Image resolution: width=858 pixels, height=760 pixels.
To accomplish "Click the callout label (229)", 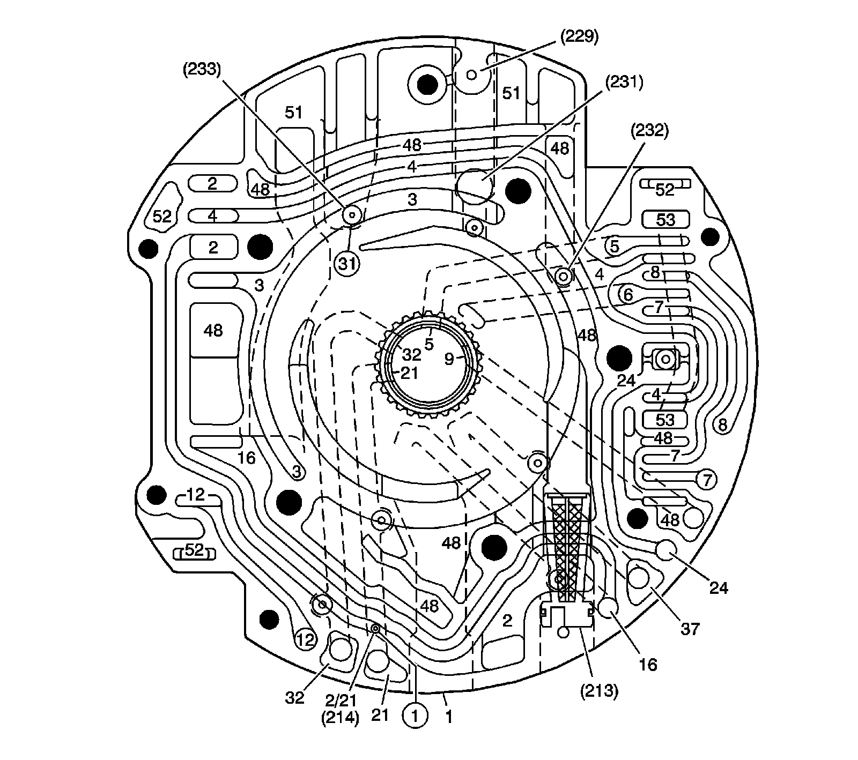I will [x=579, y=37].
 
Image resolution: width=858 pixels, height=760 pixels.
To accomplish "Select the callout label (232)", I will [x=649, y=132].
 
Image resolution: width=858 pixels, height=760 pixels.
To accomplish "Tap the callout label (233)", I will [x=202, y=70].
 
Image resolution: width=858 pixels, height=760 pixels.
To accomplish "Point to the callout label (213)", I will [x=600, y=691].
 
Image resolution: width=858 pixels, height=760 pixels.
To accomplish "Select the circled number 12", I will [x=305, y=639].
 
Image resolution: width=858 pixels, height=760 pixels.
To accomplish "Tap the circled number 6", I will [x=627, y=294].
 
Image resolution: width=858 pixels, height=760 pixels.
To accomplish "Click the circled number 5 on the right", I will [x=615, y=246].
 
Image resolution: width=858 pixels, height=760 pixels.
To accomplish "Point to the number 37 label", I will [x=690, y=628].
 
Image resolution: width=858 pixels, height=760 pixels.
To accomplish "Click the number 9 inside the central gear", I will [x=449, y=359].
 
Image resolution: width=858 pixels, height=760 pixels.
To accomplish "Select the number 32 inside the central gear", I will [x=412, y=354].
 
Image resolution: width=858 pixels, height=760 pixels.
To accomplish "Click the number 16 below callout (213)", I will [x=648, y=665].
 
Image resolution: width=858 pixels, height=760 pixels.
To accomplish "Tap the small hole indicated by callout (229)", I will [x=472, y=74].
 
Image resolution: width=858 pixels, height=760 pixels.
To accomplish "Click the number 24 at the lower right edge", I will [x=719, y=588].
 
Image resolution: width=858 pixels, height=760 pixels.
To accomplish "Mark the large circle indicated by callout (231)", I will [x=475, y=185].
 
